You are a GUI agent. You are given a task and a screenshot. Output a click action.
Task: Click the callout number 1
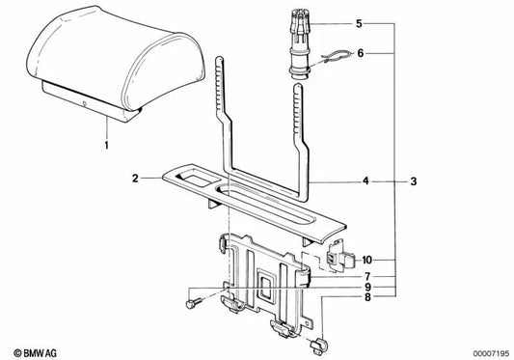pyautogui.click(x=108, y=146)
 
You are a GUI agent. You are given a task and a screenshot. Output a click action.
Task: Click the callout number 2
pyautogui.click(x=137, y=179)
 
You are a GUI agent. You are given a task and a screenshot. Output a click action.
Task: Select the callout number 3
pyautogui.click(x=414, y=180)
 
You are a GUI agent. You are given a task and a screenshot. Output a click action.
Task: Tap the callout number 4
pyautogui.click(x=366, y=180)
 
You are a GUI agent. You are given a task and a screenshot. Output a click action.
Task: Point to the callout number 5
pyautogui.click(x=359, y=22)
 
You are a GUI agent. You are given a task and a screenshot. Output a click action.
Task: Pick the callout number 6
pyautogui.click(x=360, y=54)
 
